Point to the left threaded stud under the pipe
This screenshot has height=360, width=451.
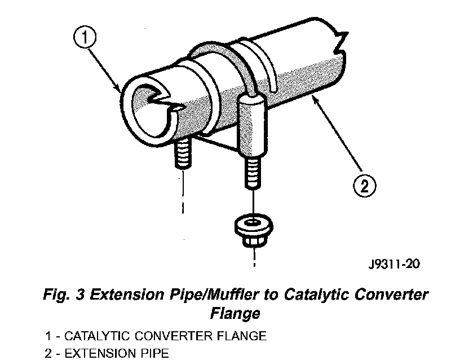(x=184, y=155)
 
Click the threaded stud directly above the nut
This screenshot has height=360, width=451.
(x=252, y=175)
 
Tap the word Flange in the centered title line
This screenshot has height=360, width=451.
(x=233, y=312)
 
